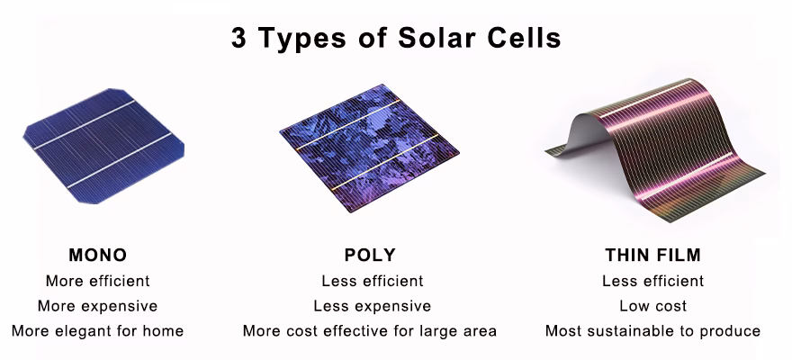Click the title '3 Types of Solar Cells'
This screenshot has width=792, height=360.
coord(396,39)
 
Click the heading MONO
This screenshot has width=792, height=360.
coord(97,255)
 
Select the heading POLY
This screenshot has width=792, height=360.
coord(369,255)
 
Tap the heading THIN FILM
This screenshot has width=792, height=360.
coord(652,255)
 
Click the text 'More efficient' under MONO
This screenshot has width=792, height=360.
coord(97,281)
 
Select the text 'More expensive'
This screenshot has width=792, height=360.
coord(97,306)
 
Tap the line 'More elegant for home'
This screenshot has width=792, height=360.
coord(97,331)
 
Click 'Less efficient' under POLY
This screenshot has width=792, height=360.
coord(372,281)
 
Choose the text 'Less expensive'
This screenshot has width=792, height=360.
coord(372,306)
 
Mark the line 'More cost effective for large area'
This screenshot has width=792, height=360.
coord(369,331)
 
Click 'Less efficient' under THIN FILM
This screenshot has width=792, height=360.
coord(652,281)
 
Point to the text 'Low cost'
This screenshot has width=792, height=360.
coord(652,306)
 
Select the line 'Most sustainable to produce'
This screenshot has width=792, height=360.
coord(652,331)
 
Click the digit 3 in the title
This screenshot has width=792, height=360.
coord(240,39)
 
